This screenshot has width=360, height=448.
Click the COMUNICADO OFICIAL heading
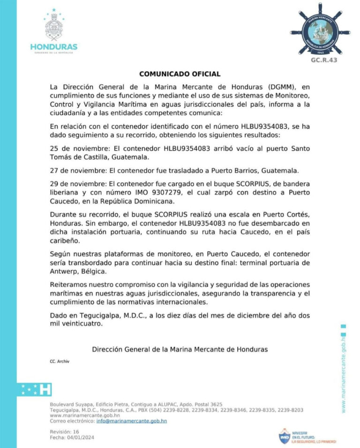(180, 74)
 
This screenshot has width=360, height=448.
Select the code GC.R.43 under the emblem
(324, 60)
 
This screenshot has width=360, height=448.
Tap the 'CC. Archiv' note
(59, 361)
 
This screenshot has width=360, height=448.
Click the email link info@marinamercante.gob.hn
(132, 421)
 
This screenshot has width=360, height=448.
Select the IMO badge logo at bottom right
(284, 436)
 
